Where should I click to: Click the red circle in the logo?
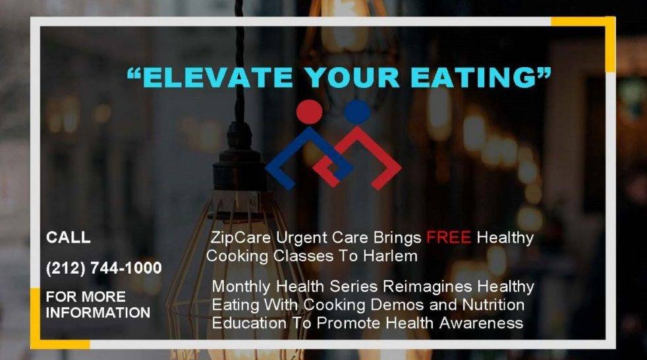309,112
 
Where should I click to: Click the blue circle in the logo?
357,112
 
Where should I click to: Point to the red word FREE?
449,237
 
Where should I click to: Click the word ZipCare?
240,238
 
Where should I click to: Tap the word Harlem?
390,256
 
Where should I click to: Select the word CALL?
68,237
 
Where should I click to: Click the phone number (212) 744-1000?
104,268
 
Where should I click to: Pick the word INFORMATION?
98,313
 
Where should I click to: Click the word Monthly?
241,287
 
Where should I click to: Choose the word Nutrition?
493,305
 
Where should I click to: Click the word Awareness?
481,323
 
